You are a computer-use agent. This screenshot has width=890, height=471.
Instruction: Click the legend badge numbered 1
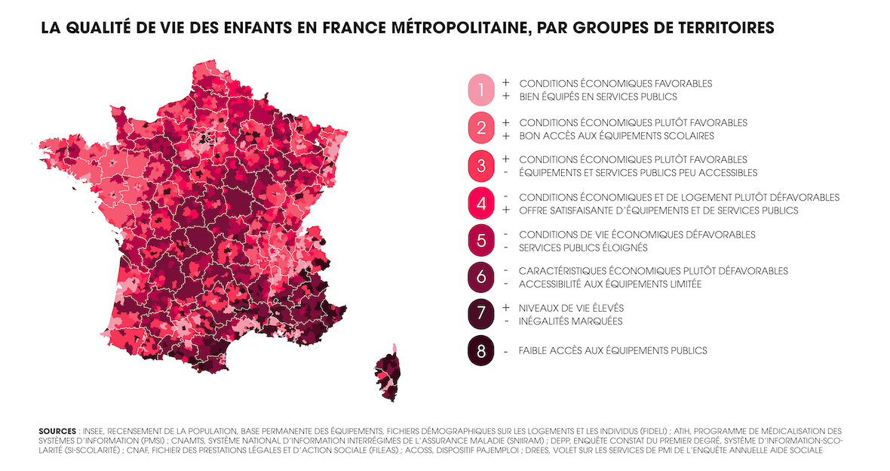(x=480, y=90)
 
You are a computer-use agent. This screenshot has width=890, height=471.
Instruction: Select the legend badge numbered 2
(x=480, y=128)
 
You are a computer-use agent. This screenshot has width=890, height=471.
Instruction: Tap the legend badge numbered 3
(x=480, y=165)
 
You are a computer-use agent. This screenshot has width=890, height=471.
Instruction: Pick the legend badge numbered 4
(x=480, y=203)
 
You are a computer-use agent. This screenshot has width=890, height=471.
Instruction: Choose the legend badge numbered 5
(x=480, y=241)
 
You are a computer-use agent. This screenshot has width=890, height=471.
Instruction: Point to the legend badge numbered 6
(x=480, y=277)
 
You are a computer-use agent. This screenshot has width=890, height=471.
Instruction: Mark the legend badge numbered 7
(x=480, y=314)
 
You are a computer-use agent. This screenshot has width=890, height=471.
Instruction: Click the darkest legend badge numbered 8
(x=480, y=351)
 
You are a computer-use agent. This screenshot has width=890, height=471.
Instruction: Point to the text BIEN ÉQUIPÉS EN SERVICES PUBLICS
(x=598, y=97)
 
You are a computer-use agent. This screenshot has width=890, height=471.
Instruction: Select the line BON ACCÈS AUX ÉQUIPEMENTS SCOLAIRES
(x=616, y=136)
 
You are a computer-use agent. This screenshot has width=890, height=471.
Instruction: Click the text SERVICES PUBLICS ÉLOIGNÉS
(x=583, y=248)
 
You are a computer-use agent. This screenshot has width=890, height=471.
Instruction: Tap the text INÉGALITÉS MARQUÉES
(x=570, y=322)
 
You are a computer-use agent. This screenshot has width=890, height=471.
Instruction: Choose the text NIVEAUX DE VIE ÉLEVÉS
(x=571, y=308)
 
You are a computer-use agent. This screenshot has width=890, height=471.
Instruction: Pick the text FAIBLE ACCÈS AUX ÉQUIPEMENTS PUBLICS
(x=612, y=351)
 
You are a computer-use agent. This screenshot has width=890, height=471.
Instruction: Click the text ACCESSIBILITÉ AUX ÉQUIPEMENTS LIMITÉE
(x=610, y=284)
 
